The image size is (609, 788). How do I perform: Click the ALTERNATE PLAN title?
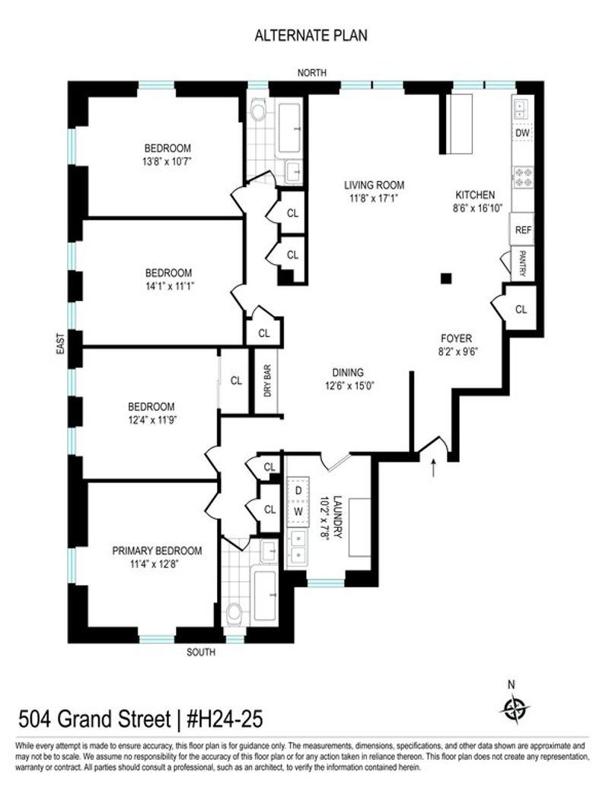(x=311, y=36)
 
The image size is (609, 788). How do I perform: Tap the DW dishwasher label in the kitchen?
(x=522, y=133)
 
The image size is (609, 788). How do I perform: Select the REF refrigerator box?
(x=523, y=230)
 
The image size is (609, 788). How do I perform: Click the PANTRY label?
(x=522, y=263)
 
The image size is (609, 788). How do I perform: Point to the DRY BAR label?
(x=267, y=380)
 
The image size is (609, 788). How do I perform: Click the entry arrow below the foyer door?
(x=433, y=467)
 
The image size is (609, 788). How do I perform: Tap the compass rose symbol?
(x=515, y=710)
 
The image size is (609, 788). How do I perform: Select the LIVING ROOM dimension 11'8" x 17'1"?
(x=374, y=198)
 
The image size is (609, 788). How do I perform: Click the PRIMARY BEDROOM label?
(x=157, y=551)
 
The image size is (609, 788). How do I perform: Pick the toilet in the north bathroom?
(x=259, y=111)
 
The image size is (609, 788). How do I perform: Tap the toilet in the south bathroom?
(x=234, y=613)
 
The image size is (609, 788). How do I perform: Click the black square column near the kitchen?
(x=446, y=278)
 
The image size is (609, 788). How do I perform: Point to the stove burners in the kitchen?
(x=523, y=177)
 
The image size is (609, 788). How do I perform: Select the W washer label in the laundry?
(x=298, y=512)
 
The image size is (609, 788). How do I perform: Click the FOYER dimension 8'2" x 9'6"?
(x=457, y=351)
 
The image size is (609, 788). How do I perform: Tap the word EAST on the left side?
(x=60, y=345)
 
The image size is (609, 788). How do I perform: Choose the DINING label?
(x=347, y=373)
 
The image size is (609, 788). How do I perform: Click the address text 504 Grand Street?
(x=94, y=719)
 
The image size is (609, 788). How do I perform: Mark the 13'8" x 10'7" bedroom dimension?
(x=167, y=162)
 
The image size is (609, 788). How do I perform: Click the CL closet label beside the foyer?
(x=521, y=310)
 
